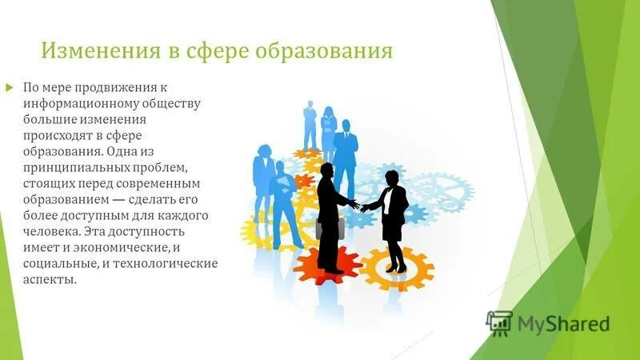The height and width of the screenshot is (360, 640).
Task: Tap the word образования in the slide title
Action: [x=325, y=51]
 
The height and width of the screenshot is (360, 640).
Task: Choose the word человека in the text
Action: [x=52, y=231]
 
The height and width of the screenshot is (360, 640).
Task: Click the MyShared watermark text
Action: [x=563, y=324]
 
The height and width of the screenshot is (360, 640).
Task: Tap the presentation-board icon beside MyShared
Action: [x=499, y=322]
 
